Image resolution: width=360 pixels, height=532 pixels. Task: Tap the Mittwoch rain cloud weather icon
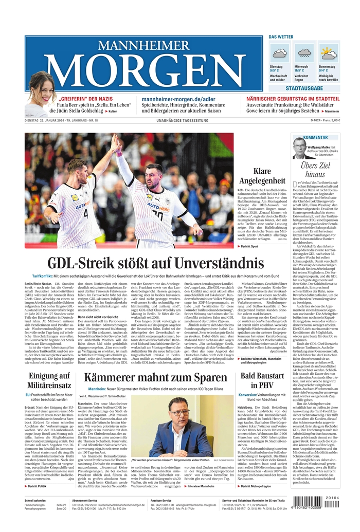pyautogui.click(x=304, y=52)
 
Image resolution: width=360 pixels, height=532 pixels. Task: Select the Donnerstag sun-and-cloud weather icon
pyautogui.click(x=329, y=52)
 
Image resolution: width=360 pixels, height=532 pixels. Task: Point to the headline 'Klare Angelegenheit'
pyautogui.click(x=269, y=176)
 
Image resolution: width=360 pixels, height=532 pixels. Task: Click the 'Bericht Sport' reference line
pyautogui.click(x=251, y=247)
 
